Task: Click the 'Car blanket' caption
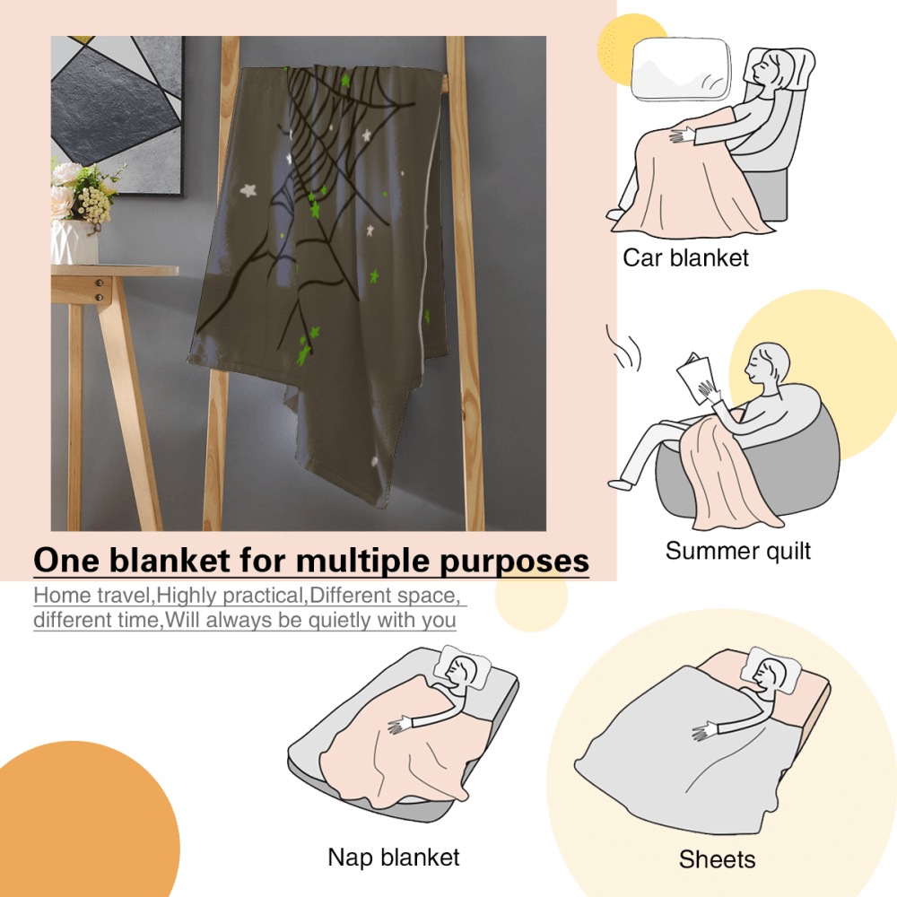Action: [x=685, y=258]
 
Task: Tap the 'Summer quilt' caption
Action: [x=738, y=550]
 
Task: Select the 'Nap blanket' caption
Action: [x=394, y=857]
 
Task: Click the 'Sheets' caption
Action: [x=717, y=859]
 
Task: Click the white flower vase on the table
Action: [x=74, y=241]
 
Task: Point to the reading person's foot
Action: [x=619, y=483]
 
